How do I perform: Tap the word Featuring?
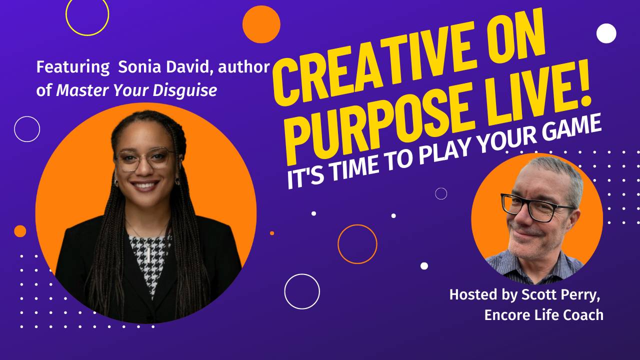[x=73, y=67]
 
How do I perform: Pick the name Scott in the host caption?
[x=535, y=294]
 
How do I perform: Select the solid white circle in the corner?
[x=606, y=33]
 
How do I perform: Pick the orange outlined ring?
[x=357, y=244]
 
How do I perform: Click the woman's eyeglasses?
[x=144, y=158]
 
